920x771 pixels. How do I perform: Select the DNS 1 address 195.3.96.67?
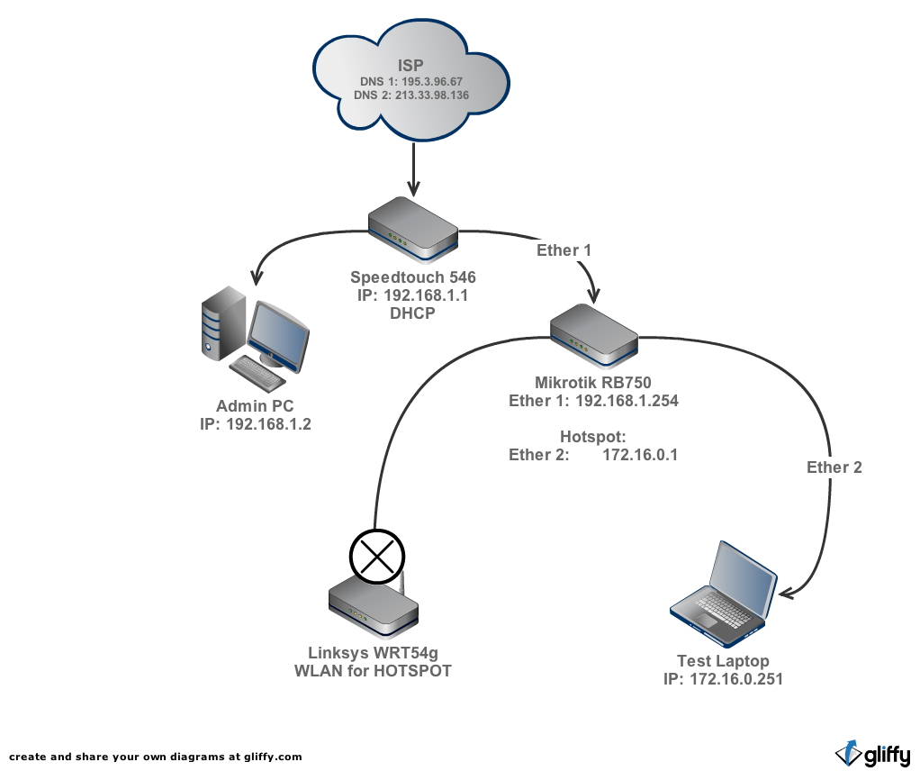pyautogui.click(x=425, y=81)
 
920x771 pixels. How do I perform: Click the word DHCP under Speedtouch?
pyautogui.click(x=413, y=313)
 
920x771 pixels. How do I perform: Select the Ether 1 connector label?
pyautogui.click(x=564, y=249)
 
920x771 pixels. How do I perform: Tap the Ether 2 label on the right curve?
pyautogui.click(x=834, y=467)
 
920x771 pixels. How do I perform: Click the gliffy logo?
pyautogui.click(x=872, y=752)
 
